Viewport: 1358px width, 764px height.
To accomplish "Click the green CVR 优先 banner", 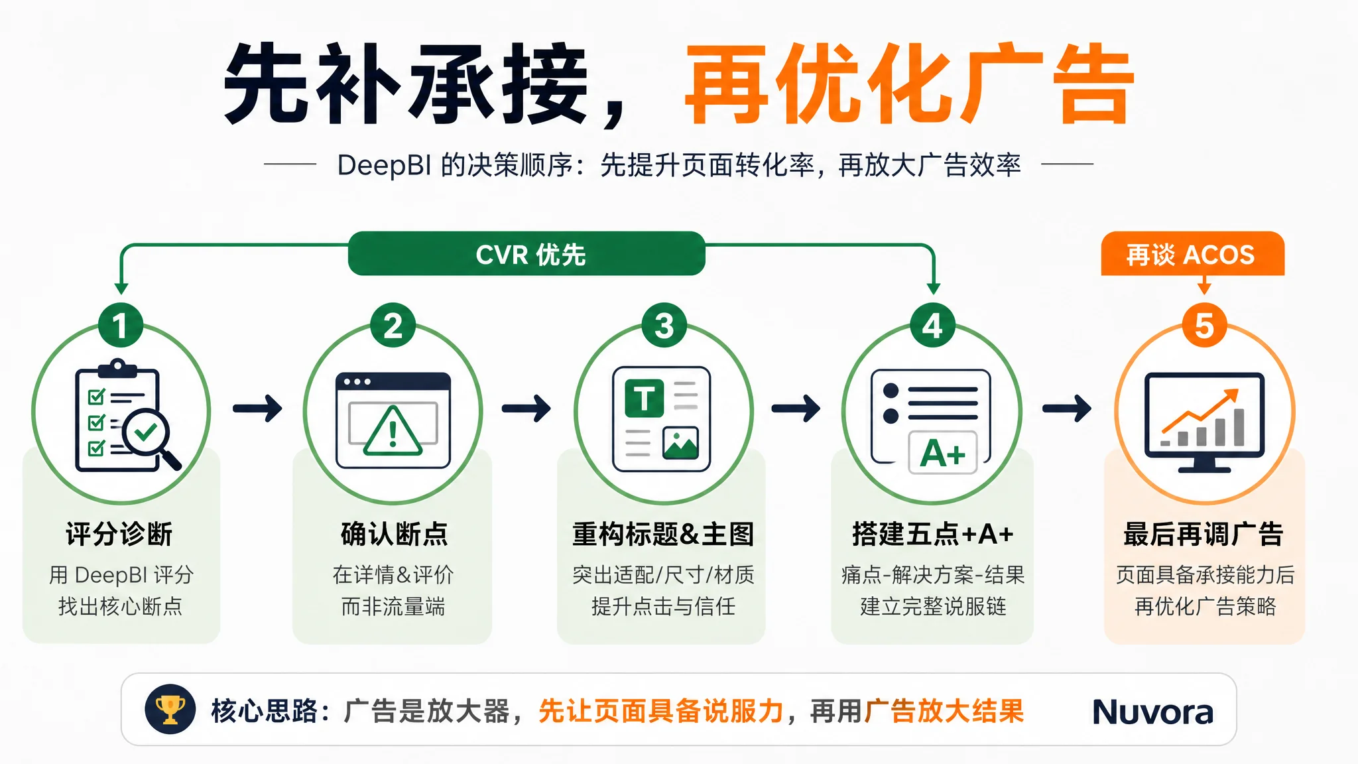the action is click(x=526, y=253).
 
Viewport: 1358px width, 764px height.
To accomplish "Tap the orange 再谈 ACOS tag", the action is click(x=1192, y=254).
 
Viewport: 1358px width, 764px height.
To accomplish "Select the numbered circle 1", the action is click(x=121, y=325).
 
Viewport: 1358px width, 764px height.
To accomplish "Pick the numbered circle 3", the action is click(x=664, y=325).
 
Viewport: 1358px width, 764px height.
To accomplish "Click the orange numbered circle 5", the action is click(x=1204, y=325).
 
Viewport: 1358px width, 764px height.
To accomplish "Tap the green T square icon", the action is click(x=644, y=399).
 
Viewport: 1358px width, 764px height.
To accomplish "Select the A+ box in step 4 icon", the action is click(x=943, y=453).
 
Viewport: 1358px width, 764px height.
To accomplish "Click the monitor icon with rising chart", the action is click(x=1204, y=422).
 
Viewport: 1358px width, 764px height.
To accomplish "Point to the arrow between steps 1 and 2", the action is click(x=257, y=408).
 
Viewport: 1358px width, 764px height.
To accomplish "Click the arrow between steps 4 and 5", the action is click(x=1067, y=408).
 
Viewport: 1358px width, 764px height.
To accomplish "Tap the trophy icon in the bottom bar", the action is click(x=170, y=710).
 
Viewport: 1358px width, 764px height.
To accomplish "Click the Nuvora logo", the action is click(x=1152, y=712).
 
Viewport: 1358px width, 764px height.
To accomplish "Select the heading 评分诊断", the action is click(x=119, y=534).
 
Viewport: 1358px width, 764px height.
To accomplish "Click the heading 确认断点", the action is click(x=394, y=534).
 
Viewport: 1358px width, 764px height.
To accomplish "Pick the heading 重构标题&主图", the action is click(x=663, y=534).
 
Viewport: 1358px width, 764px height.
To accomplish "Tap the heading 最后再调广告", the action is click(x=1204, y=534).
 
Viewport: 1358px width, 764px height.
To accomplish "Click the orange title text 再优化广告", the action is click(x=910, y=84).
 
